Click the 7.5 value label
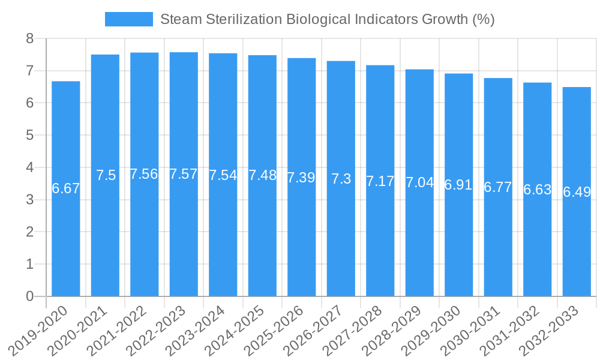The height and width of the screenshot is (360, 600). [x=106, y=175]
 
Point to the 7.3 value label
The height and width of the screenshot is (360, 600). [x=341, y=179]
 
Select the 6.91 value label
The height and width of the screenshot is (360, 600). [x=459, y=185]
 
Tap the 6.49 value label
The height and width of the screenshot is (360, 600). [x=577, y=192]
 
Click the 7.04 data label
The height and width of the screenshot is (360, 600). [x=419, y=182]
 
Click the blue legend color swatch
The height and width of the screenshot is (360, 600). [x=128, y=19]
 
